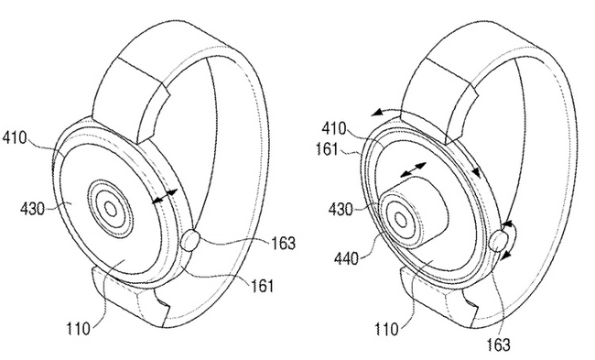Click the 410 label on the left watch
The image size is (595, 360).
click(16, 138)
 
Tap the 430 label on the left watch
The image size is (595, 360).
click(32, 209)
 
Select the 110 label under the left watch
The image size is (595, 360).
click(79, 329)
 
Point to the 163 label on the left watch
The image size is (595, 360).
click(283, 243)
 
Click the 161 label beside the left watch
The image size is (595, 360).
click(262, 286)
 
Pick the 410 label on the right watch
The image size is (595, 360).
click(334, 129)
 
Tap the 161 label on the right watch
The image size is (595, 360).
click(327, 149)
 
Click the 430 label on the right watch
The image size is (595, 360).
click(341, 209)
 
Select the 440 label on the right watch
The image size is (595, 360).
click(346, 259)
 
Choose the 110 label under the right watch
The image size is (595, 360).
click(387, 329)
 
